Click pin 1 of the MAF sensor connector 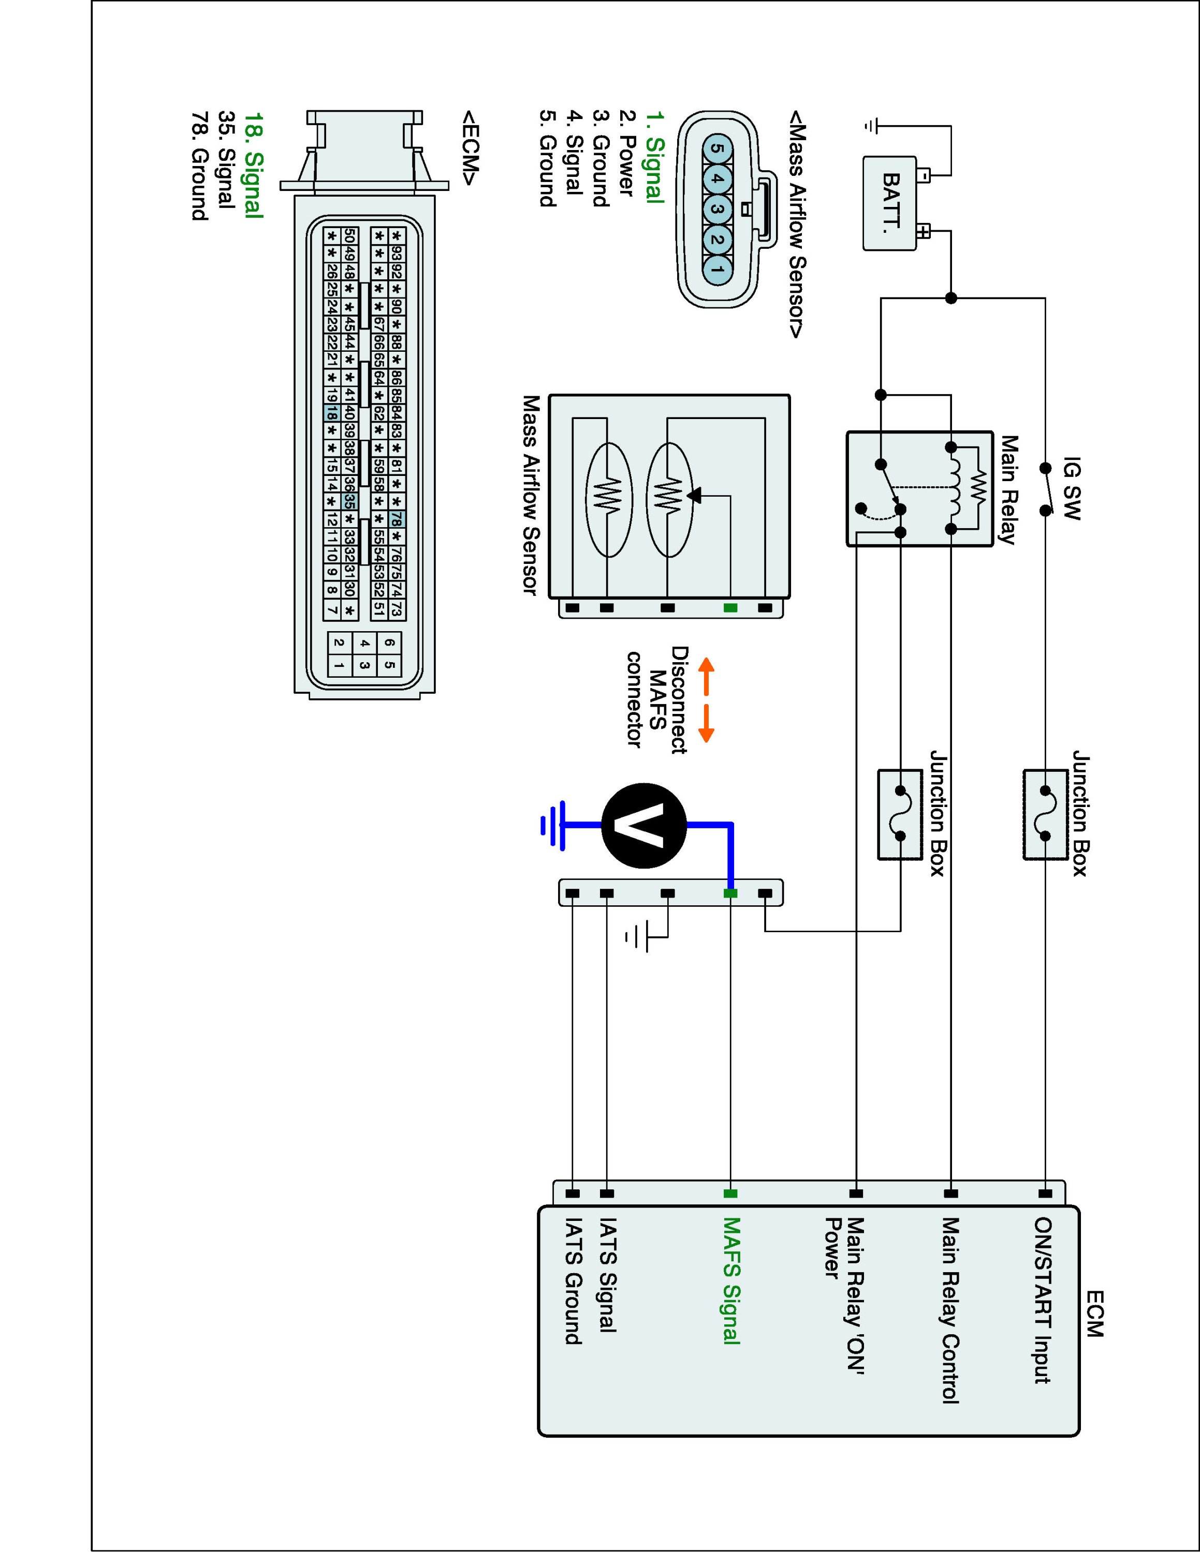point(716,268)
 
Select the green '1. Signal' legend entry point(654,158)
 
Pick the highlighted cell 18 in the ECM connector point(331,412)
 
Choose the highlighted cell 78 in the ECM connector point(397,519)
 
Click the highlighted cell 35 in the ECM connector point(349,501)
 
